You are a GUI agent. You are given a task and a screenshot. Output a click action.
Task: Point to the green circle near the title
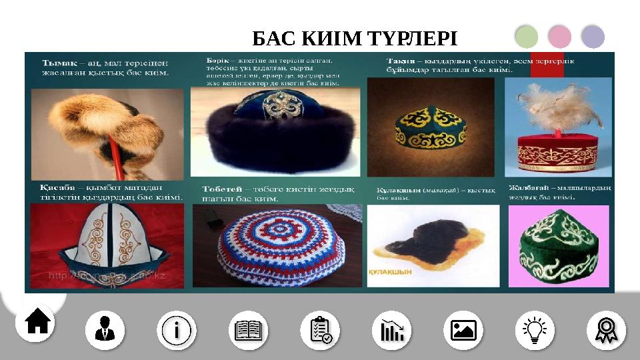[527, 37]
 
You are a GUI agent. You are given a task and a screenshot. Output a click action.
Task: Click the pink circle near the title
[559, 37]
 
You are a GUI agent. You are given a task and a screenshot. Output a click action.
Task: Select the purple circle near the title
[593, 37]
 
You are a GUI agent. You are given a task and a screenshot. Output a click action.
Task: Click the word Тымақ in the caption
[57, 59]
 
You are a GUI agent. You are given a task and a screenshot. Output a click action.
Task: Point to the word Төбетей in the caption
[221, 189]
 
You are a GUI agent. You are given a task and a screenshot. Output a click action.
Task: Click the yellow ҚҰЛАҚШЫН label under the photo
[391, 272]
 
